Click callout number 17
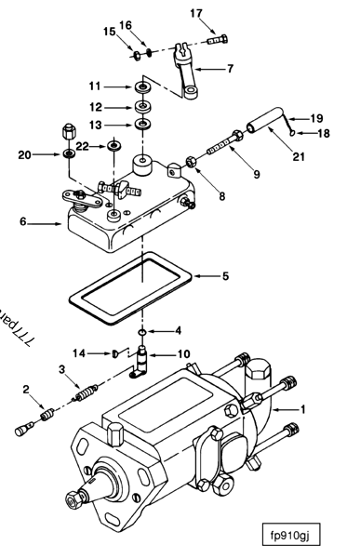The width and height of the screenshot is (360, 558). (x=195, y=13)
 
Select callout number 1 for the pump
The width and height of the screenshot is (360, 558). (x=327, y=408)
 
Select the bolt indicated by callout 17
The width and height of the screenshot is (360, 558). (x=220, y=39)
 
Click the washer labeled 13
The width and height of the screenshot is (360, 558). (x=144, y=125)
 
